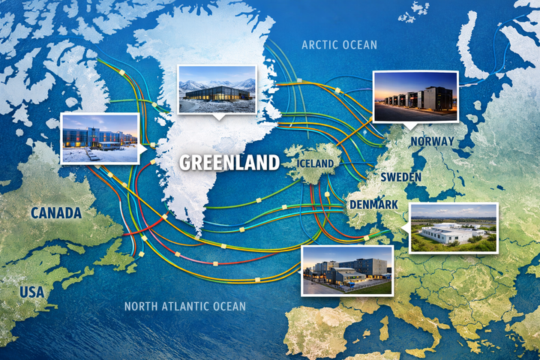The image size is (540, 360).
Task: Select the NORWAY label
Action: click(x=431, y=140)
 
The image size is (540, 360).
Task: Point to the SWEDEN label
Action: click(x=401, y=176)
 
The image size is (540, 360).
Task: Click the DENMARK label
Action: click(x=373, y=204)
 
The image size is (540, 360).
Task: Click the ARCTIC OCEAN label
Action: click(x=339, y=45)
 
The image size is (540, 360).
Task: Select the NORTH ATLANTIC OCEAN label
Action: click(x=184, y=306)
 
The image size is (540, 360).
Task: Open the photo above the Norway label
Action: click(x=415, y=97)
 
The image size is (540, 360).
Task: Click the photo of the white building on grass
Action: click(x=453, y=228)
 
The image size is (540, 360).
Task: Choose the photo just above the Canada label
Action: click(x=100, y=138)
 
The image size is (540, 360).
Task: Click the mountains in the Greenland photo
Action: click(x=217, y=79)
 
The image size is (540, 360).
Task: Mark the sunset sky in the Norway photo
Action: click(x=405, y=81)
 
